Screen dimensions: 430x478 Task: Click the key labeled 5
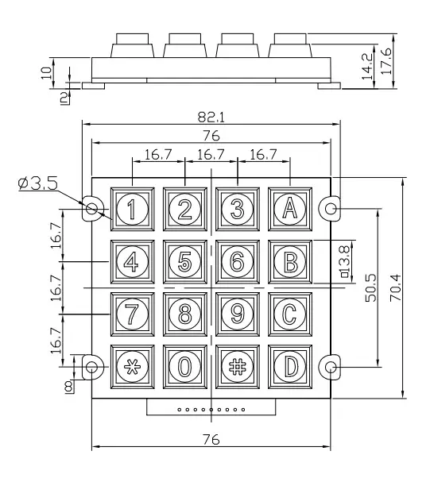[x=185, y=262]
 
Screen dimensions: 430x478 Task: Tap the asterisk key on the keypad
[x=133, y=367]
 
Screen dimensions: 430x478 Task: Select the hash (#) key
[x=238, y=367]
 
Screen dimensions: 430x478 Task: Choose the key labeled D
[x=290, y=367]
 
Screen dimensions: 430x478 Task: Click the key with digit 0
[x=185, y=367]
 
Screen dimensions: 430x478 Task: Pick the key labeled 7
[x=133, y=314]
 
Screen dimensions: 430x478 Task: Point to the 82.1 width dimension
[x=211, y=117]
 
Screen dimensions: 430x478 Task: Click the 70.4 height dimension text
[x=396, y=287]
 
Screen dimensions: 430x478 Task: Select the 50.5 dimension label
[x=371, y=287]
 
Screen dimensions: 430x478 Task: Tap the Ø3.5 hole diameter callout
[x=38, y=183]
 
